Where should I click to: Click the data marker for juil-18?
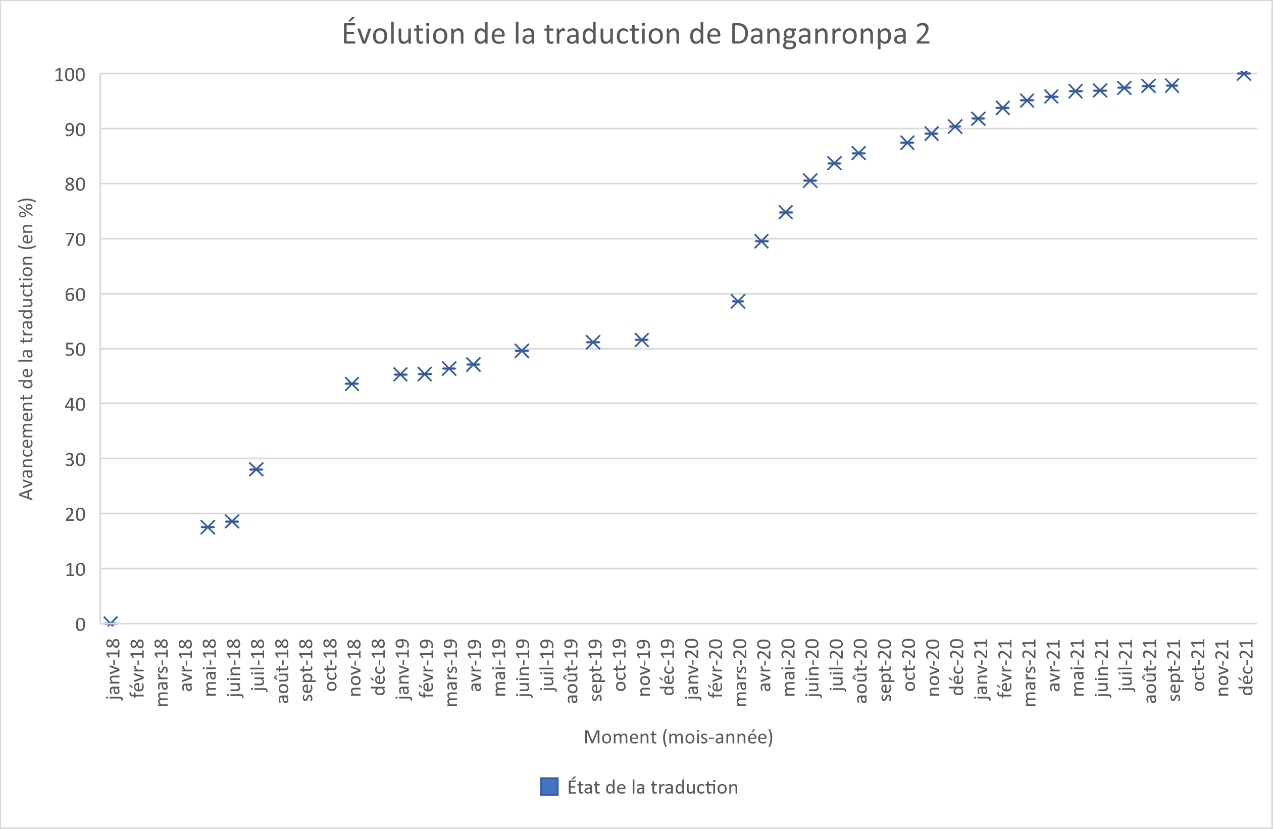(256, 469)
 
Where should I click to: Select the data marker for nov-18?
(352, 384)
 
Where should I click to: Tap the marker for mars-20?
(738, 301)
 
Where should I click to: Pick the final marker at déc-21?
(1244, 74)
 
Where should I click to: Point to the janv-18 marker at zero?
(111, 622)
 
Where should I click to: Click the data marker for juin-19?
(522, 351)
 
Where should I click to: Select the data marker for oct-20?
(907, 143)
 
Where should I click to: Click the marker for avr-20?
(761, 241)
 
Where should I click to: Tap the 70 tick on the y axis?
(75, 240)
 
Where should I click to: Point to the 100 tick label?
(70, 75)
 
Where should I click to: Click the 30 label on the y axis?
(75, 460)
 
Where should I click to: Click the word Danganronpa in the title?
(819, 34)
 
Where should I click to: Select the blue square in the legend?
(549, 787)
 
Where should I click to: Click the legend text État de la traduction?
(652, 787)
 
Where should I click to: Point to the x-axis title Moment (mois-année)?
(678, 737)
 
